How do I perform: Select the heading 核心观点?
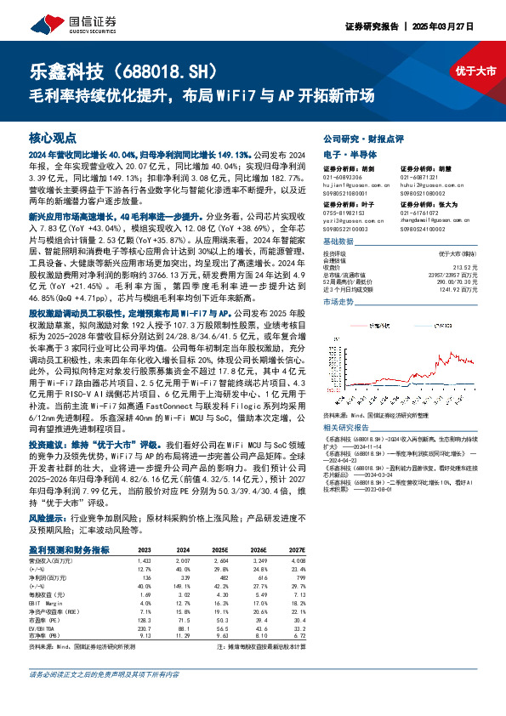[x=53, y=137]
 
